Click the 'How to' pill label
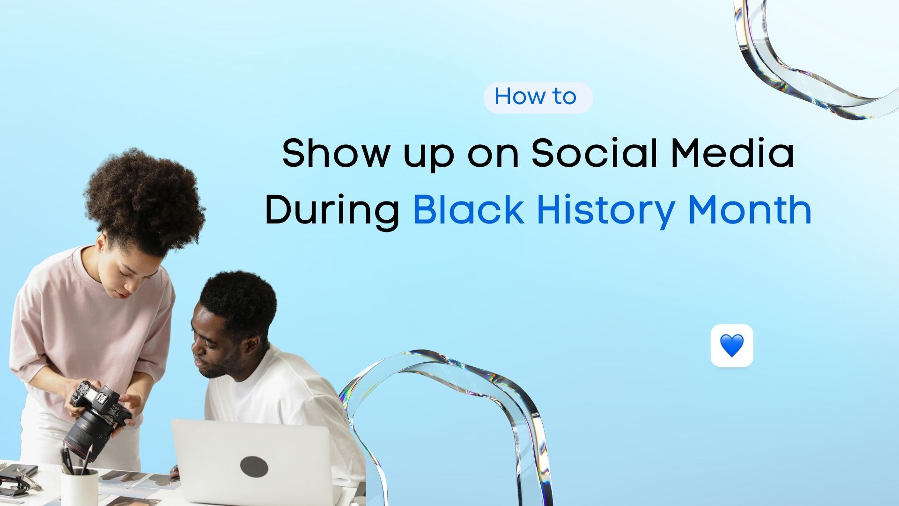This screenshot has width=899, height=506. point(538,97)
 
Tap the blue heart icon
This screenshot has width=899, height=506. point(731,346)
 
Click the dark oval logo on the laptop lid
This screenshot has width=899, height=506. point(254,466)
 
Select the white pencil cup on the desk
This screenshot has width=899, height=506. point(80,487)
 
